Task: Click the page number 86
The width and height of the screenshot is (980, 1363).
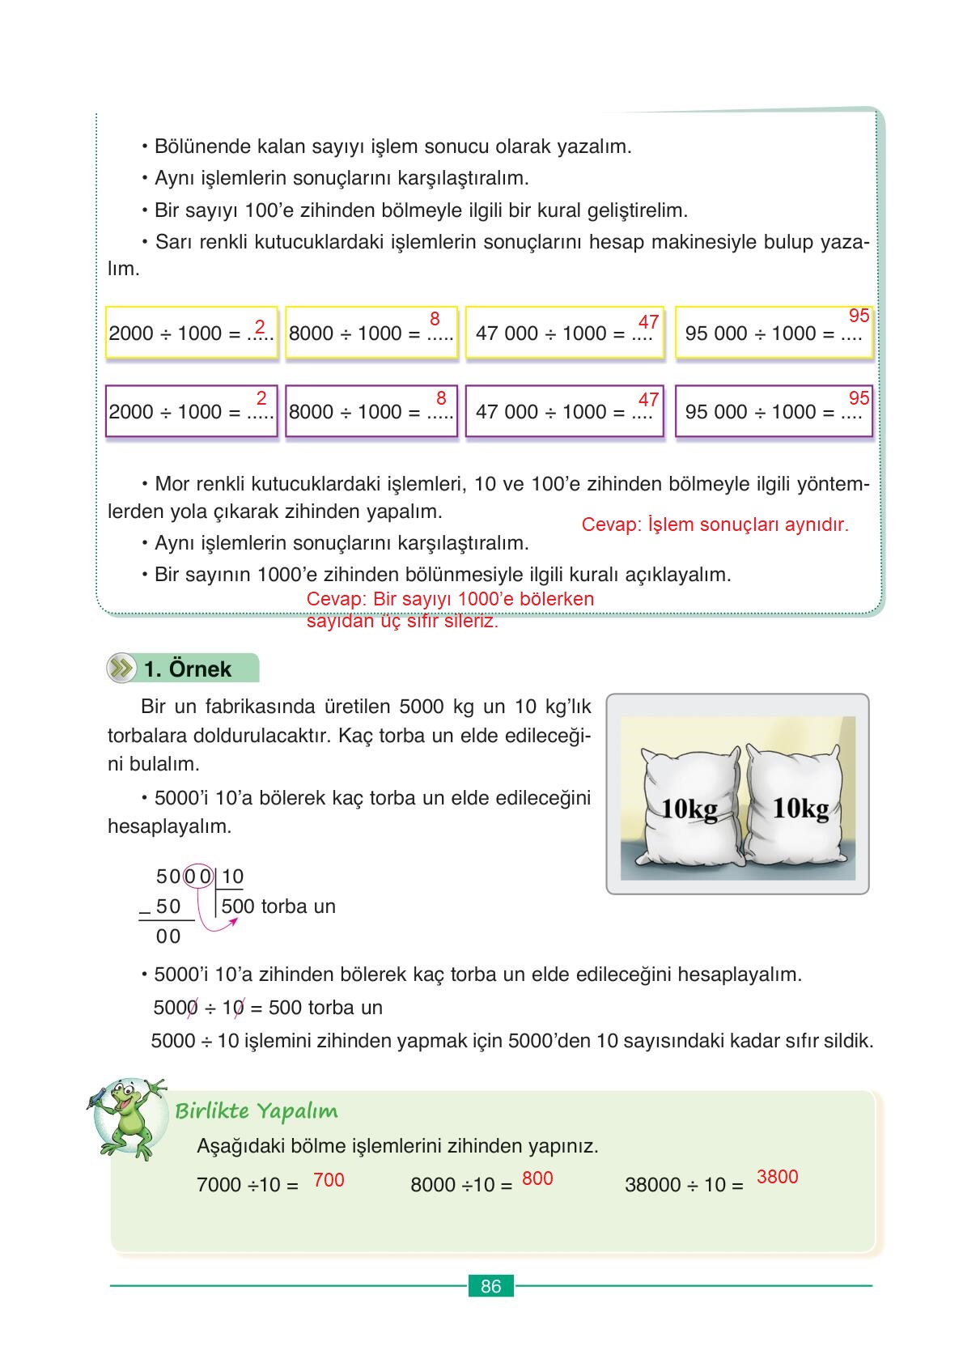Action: tap(490, 1286)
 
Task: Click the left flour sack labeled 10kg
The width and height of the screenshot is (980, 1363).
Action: tap(690, 806)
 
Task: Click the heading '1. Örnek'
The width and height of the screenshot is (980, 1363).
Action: tap(188, 669)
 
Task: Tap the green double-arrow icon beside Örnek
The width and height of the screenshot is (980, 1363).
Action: tap(121, 669)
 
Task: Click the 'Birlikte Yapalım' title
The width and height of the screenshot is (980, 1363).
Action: tap(257, 1110)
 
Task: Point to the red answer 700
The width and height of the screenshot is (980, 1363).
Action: tap(329, 1180)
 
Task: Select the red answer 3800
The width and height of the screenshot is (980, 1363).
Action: tap(777, 1177)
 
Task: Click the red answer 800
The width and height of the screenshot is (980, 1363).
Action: tap(537, 1178)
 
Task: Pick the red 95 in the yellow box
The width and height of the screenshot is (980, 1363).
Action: tap(859, 316)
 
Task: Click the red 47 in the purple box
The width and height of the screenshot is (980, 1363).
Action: tap(648, 400)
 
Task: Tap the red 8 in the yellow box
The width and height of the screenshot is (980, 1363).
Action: tap(435, 319)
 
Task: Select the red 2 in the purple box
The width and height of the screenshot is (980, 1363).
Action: tap(261, 398)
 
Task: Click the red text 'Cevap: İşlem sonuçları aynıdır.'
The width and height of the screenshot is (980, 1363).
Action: tap(715, 524)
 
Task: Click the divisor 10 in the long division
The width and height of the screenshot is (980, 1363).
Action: tap(232, 877)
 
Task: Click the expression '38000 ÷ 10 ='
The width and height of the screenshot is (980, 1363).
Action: tap(684, 1185)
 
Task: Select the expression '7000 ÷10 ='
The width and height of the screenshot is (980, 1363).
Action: tap(248, 1185)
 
